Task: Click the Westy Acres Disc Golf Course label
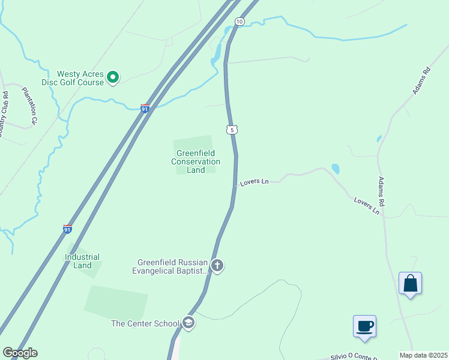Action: coord(73,78)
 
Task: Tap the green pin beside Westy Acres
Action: coord(113,77)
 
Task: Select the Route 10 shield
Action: coord(240,22)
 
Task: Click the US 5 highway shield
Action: coord(232,130)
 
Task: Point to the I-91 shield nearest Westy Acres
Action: coord(145,108)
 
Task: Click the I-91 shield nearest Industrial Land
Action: coord(67,229)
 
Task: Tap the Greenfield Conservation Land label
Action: coord(196,161)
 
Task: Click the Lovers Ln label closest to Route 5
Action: coord(254,181)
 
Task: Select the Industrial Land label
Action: coord(82,261)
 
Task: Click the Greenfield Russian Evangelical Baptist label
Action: coord(173,266)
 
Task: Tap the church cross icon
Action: coord(217,265)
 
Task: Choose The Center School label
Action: coord(145,323)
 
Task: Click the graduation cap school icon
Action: coord(188,323)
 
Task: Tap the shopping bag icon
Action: coord(410,283)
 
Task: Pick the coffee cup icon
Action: coord(364,326)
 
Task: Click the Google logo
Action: coord(20,353)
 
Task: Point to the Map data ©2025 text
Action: coord(424,355)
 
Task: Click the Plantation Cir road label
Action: coord(29,106)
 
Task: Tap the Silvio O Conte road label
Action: coord(355,356)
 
